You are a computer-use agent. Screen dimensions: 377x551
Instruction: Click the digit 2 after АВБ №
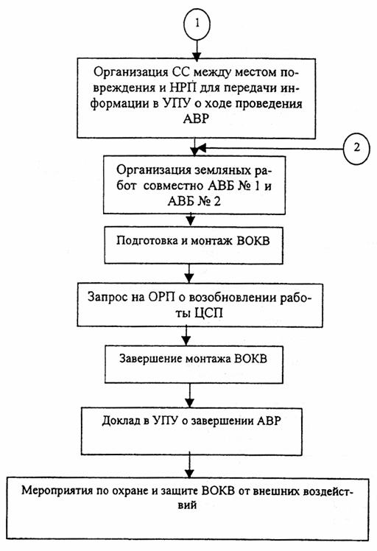[216, 202]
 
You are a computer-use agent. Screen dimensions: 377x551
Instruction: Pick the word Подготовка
[147, 241]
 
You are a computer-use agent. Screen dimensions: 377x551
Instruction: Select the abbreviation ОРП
[161, 298]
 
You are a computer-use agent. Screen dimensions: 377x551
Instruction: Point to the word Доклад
[121, 421]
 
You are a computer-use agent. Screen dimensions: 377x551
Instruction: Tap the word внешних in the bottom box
[272, 491]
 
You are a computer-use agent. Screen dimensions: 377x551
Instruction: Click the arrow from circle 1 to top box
[197, 49]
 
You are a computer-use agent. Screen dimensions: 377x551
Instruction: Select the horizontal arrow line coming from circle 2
[269, 148]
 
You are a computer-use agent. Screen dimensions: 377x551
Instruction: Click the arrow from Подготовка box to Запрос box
[189, 273]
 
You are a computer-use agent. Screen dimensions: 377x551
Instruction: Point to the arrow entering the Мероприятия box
[189, 466]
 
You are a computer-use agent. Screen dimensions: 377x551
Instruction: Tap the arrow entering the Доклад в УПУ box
[190, 396]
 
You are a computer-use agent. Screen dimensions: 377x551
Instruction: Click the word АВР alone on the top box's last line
[196, 119]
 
